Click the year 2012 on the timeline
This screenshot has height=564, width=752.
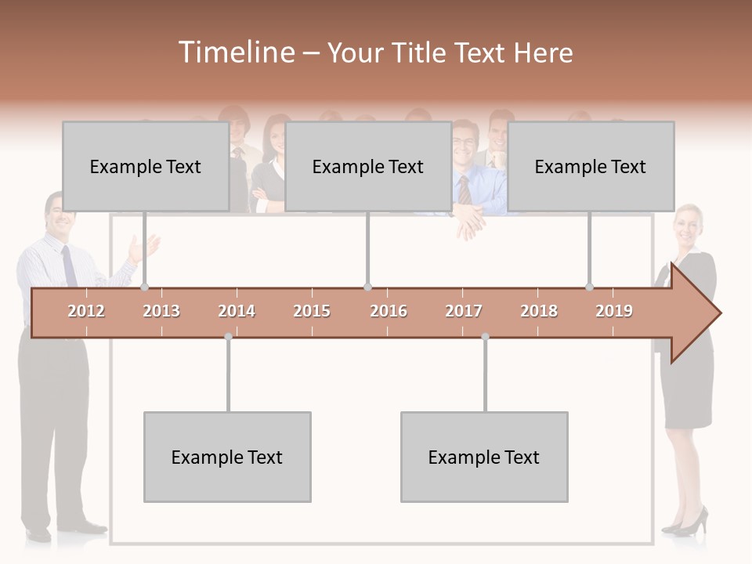tap(86, 311)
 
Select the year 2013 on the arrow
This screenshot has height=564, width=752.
tap(161, 311)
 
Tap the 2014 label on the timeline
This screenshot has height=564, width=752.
tap(237, 311)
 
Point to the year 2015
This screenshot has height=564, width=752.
tap(312, 311)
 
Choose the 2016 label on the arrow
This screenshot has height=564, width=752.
tap(389, 311)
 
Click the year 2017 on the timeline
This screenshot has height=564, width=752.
tap(464, 311)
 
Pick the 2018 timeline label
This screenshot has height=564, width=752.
tap(539, 311)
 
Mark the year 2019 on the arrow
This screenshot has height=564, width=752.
tap(614, 311)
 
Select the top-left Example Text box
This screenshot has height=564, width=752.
tap(146, 166)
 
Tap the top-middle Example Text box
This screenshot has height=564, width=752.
tap(368, 166)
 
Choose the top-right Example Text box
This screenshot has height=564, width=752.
tap(591, 166)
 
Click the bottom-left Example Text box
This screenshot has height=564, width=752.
tap(227, 457)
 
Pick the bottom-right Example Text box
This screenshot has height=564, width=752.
tap(484, 457)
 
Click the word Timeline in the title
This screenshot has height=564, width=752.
tap(236, 52)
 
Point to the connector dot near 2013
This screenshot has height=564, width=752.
tap(144, 287)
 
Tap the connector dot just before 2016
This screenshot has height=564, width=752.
tap(367, 287)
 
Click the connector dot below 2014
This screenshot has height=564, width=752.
tap(228, 337)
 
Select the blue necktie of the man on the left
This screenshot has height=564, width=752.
tap(69, 266)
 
